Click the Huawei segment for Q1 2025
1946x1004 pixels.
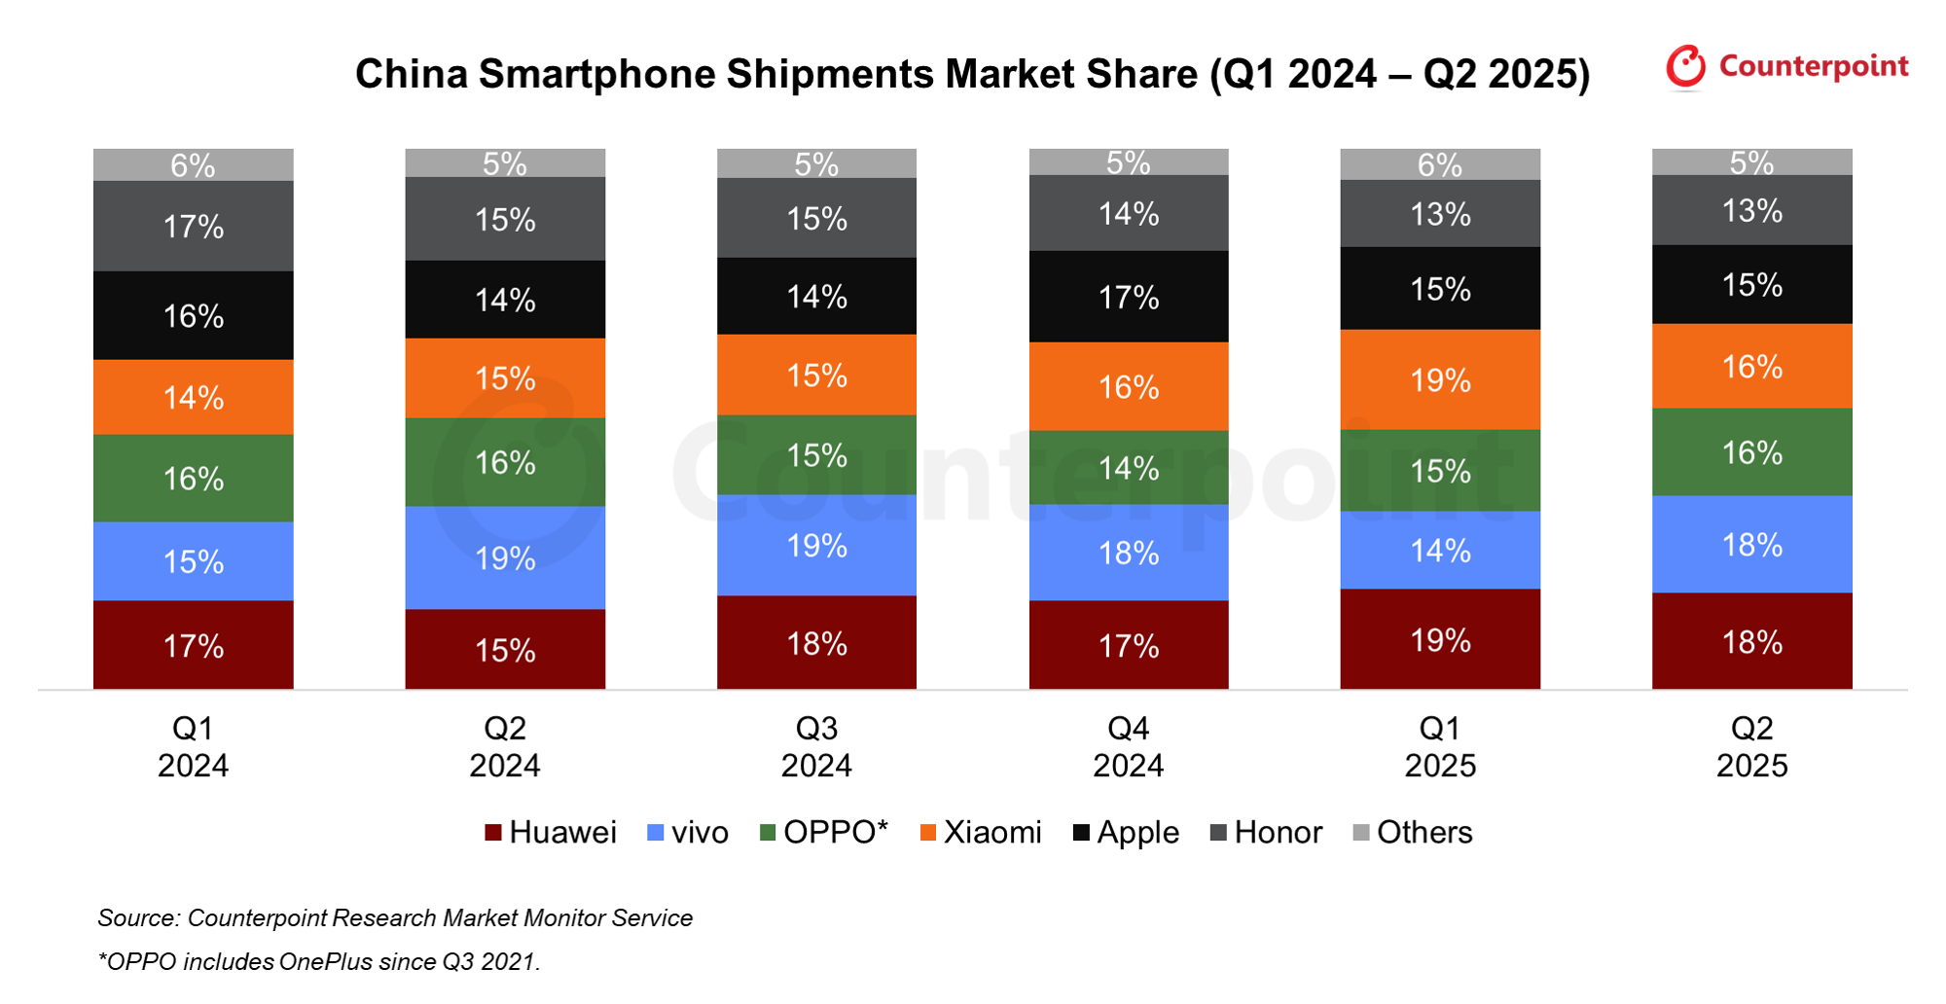(1440, 639)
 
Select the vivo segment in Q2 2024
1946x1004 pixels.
(505, 557)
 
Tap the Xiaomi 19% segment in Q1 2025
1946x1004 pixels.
(1440, 379)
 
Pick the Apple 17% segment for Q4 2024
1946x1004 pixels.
(1129, 297)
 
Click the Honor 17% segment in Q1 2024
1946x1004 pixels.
(193, 226)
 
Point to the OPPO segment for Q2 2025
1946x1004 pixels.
(1751, 452)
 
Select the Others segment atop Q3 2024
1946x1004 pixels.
(816, 163)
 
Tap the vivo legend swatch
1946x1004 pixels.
(656, 833)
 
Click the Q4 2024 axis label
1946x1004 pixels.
(1129, 747)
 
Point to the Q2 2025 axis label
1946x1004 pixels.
(1751, 747)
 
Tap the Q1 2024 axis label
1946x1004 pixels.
(193, 747)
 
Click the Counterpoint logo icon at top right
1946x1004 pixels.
(1685, 66)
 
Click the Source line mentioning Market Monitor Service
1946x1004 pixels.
(395, 918)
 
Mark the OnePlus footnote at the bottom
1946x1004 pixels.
(319, 962)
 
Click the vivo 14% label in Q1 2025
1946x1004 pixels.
(1440, 551)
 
